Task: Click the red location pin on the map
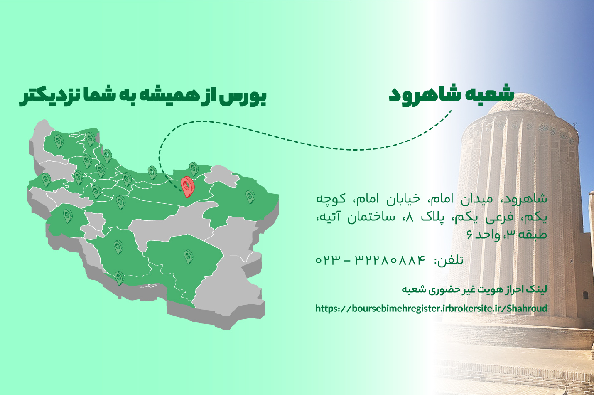[187, 187]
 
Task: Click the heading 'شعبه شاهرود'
[451, 95]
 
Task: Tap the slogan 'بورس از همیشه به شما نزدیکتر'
[142, 96]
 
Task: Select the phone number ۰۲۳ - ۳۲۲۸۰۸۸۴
[371, 259]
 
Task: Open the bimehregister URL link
[431, 308]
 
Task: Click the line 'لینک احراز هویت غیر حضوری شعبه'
[474, 289]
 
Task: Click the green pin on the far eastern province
[250, 197]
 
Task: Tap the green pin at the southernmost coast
[120, 278]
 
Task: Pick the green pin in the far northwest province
[59, 141]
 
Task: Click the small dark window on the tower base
[586, 295]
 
